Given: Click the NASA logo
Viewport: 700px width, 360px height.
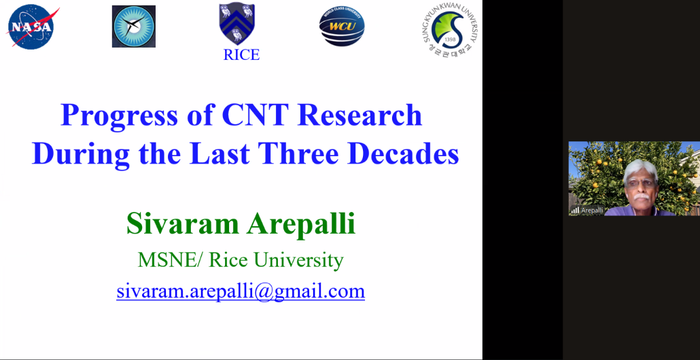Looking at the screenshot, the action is coord(31,26).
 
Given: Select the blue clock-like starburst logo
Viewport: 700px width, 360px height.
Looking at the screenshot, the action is coord(133,26).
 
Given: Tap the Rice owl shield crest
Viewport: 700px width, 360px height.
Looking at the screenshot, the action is coord(237,23).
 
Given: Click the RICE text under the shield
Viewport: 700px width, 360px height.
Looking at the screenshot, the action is coord(241,55).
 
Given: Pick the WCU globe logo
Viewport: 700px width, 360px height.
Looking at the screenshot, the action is coord(342,26).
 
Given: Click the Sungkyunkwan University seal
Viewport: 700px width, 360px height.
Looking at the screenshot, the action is coord(449,29).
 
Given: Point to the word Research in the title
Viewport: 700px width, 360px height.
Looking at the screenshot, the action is coord(360,115).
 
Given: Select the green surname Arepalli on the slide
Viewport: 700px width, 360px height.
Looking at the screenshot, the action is coord(301,224).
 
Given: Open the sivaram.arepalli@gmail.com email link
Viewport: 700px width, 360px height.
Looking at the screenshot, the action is coord(241,291).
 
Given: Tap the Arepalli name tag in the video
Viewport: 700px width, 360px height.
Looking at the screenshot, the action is coord(592,210).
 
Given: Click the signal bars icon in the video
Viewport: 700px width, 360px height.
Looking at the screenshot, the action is coord(575,210).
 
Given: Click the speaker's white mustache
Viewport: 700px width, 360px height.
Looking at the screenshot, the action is coord(641,196).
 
